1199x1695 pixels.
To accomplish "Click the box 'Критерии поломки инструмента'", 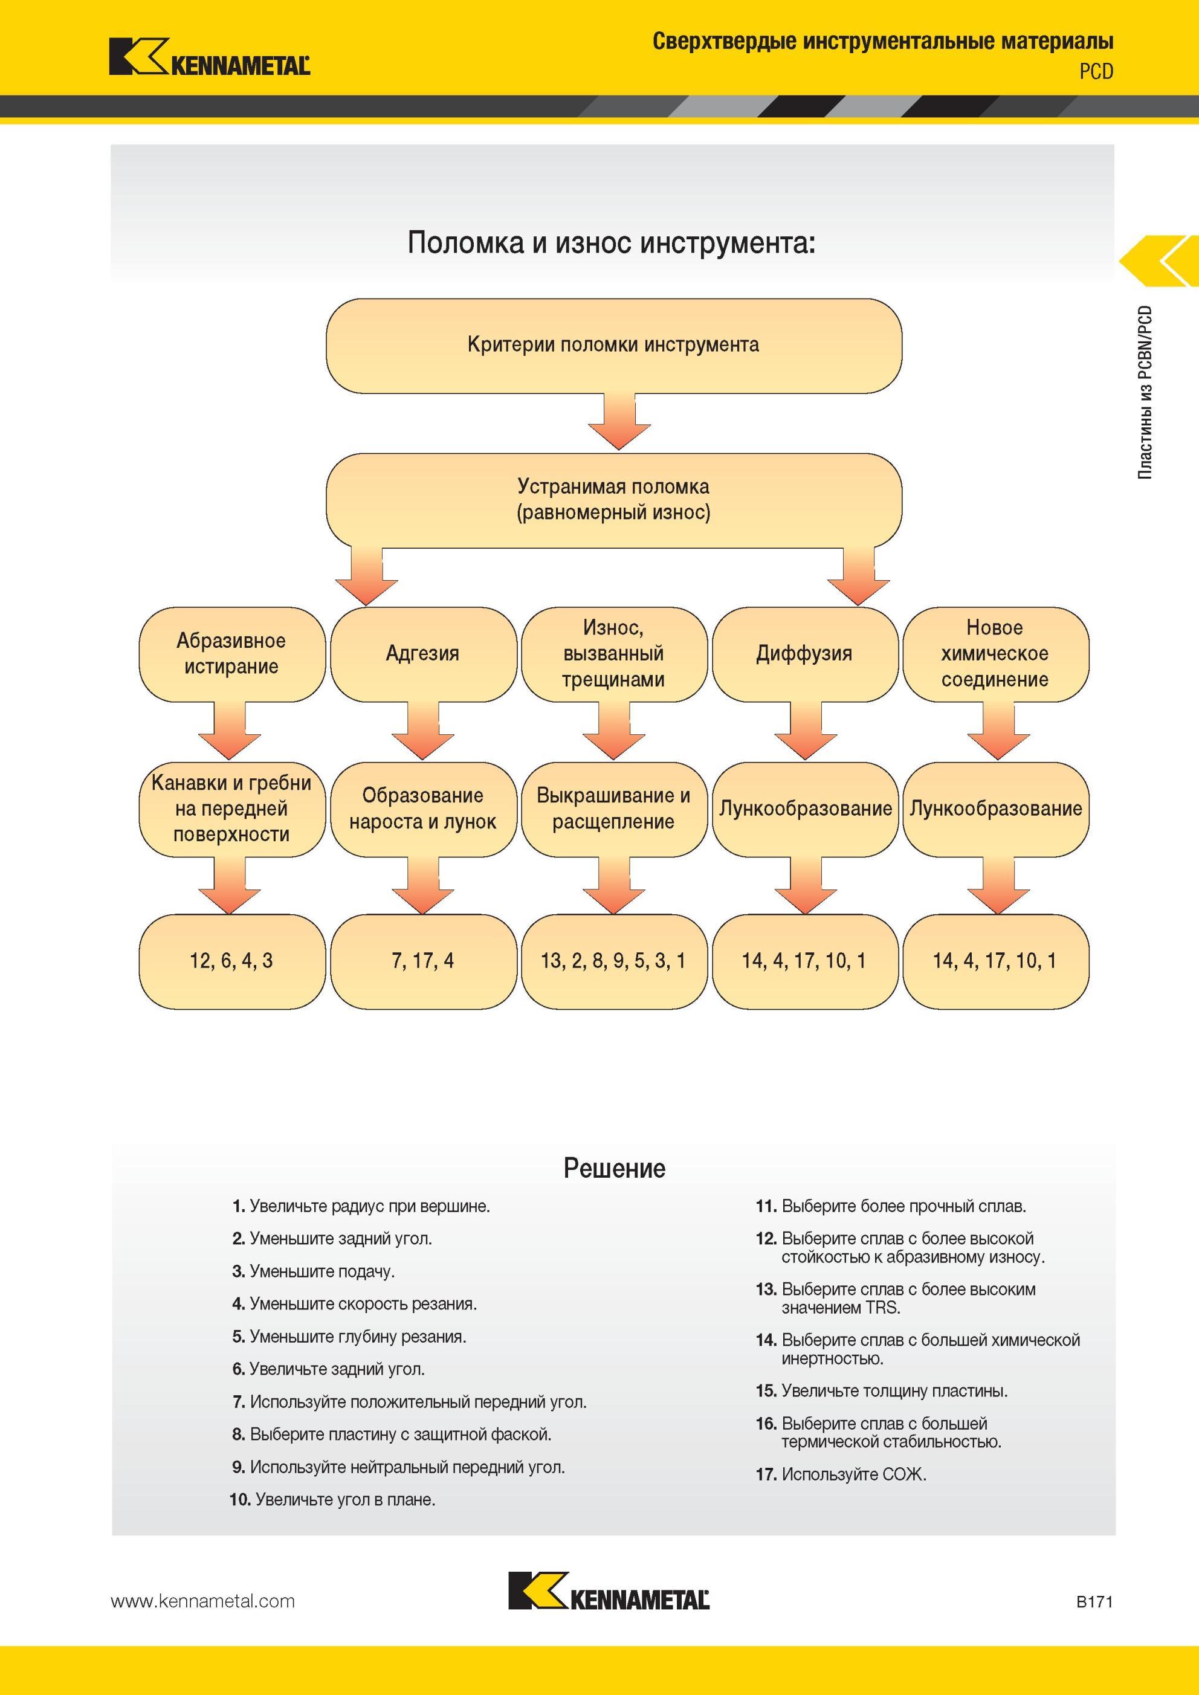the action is pos(613,346).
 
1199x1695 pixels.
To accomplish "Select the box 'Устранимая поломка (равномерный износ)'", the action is pos(613,500).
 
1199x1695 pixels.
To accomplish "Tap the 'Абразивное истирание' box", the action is pos(232,654).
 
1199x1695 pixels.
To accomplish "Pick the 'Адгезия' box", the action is pos(423,654).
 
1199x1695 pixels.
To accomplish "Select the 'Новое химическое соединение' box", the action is pos(995,654).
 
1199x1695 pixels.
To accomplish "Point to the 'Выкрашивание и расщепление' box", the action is pos(613,809).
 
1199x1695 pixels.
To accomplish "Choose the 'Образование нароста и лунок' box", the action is pos(423,809).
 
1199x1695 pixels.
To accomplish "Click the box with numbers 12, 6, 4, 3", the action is pos(232,961).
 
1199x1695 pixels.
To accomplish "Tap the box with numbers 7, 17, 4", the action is pos(423,961).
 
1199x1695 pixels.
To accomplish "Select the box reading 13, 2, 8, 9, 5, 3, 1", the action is pos(613,961).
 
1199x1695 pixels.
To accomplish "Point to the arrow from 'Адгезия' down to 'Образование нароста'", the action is pos(423,731).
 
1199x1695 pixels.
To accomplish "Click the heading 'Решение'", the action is pos(614,1169).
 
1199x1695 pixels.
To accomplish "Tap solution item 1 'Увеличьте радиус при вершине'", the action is pos(361,1206).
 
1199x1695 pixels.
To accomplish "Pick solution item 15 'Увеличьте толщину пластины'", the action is pos(882,1391).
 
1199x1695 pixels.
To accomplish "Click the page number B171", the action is pos(1094,1601).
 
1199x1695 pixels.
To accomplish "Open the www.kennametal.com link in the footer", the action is pos(203,1601).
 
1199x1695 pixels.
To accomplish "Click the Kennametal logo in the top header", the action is pos(210,57).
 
